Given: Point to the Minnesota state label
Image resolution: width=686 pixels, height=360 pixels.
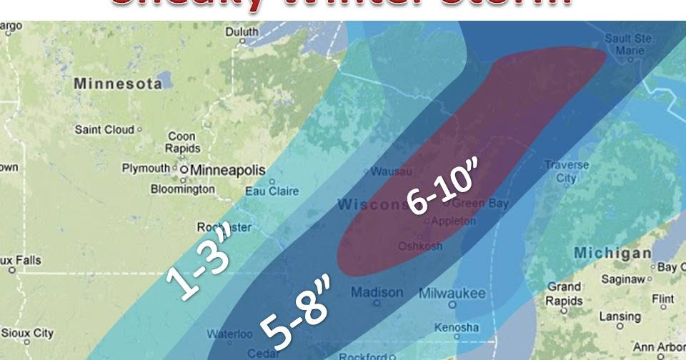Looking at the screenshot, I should click(x=118, y=84).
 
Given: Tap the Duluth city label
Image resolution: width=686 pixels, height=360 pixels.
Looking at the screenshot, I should click(x=242, y=32).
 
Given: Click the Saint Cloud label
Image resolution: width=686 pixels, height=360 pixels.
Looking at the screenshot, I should click(x=104, y=130).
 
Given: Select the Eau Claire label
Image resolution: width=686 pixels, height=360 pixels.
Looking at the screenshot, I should click(x=272, y=191).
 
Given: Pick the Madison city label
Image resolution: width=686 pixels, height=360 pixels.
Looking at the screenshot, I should click(x=377, y=293).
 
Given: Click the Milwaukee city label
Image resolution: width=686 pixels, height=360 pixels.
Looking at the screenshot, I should click(x=452, y=294).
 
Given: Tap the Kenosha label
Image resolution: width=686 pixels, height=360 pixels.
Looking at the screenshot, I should click(x=457, y=327).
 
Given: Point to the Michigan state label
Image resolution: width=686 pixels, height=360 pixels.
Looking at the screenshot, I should click(x=613, y=254).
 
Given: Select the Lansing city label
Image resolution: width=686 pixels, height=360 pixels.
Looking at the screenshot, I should click(x=620, y=316).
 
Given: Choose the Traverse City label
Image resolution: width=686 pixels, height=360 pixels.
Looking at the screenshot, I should click(x=567, y=171).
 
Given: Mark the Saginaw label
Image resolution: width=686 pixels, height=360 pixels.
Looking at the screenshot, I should click(x=625, y=279).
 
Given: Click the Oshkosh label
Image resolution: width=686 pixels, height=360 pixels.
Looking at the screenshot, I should click(x=420, y=246).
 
